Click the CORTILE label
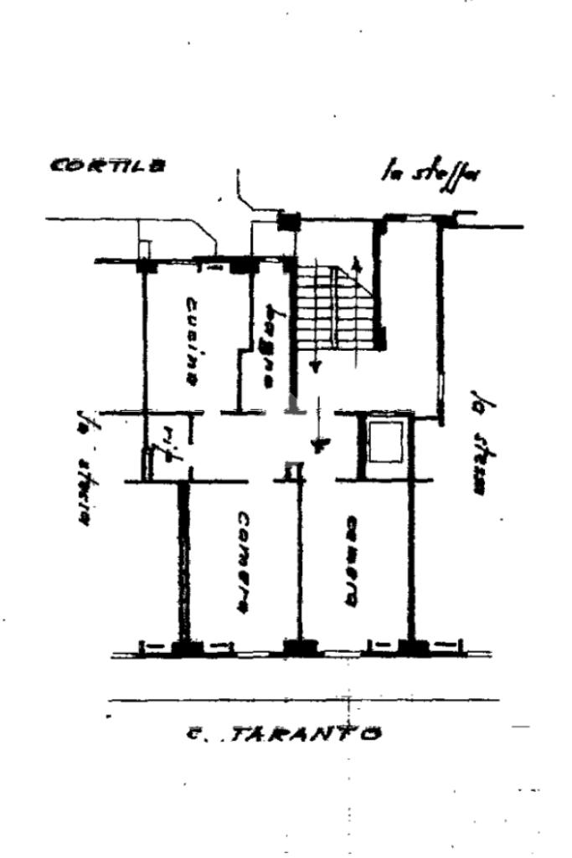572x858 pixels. [x=107, y=164]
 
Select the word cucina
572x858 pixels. [x=192, y=342]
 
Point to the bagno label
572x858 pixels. [x=270, y=345]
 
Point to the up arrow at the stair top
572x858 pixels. [x=358, y=270]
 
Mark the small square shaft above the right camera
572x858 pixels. [x=386, y=442]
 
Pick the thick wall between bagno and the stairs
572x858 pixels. [x=292, y=335]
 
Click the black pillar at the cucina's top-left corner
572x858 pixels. [x=146, y=265]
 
